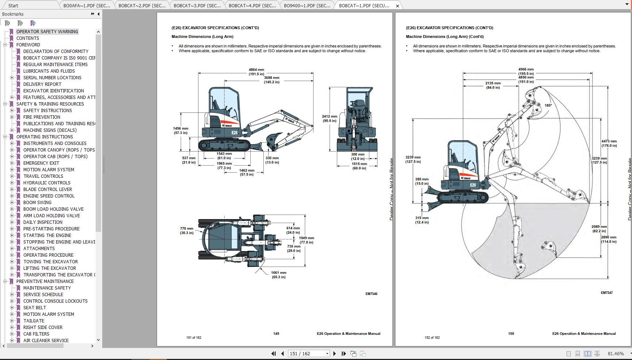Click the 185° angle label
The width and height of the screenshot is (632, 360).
pyautogui.click(x=548, y=105)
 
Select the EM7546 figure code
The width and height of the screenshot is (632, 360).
pyautogui.click(x=371, y=294)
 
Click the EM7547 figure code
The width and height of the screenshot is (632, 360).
pyautogui.click(x=606, y=292)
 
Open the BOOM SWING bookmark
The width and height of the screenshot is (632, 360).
pyautogui.click(x=37, y=202)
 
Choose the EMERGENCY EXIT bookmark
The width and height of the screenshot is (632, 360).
pyautogui.click(x=41, y=163)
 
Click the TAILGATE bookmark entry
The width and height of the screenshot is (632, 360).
pyautogui.click(x=34, y=321)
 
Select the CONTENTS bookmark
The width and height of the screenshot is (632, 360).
pyautogui.click(x=27, y=38)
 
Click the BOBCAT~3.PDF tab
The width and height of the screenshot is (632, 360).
pyautogui.click(x=197, y=5)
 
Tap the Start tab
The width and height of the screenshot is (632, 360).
pyautogui.click(x=13, y=5)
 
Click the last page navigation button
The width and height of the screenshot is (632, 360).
pyautogui.click(x=344, y=353)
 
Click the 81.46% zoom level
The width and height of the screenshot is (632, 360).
pyautogui.click(x=616, y=353)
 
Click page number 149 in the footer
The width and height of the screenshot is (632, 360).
pyautogui.click(x=276, y=333)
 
